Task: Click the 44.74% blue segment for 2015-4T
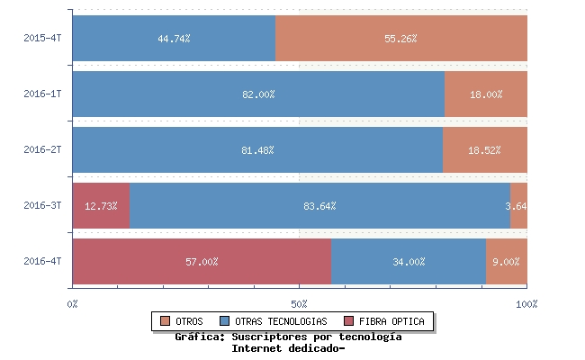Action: [x=174, y=39]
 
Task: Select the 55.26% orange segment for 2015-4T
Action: [x=400, y=39]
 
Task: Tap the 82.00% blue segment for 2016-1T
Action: [x=258, y=94]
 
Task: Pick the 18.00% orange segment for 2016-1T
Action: [x=486, y=94]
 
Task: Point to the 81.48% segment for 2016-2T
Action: [x=257, y=150]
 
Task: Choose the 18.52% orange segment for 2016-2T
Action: [x=484, y=150]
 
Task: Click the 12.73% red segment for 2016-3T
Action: [x=101, y=206]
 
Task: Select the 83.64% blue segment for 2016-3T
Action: [x=319, y=206]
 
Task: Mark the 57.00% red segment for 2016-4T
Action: [x=202, y=262]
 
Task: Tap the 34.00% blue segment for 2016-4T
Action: [x=409, y=262]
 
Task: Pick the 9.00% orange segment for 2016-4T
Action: [x=507, y=262]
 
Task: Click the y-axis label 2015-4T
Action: [x=42, y=39]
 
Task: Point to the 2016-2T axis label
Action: [x=42, y=150]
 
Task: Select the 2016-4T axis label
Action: [x=42, y=262]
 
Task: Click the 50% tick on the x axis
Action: [x=300, y=304]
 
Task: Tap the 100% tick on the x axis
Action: [x=526, y=304]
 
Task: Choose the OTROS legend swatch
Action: [x=165, y=321]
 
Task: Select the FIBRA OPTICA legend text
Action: [x=391, y=321]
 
